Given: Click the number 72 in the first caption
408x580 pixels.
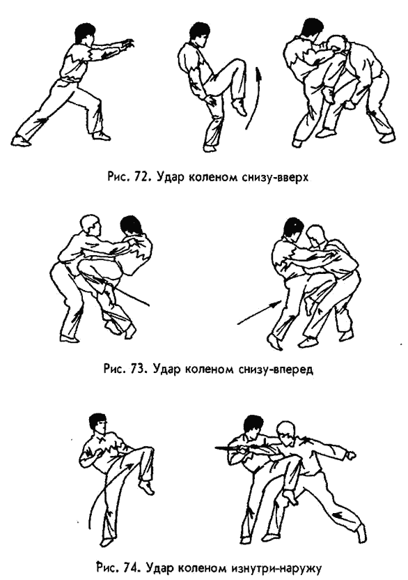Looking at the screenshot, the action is tap(141, 177).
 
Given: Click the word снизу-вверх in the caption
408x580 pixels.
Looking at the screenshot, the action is tap(274, 177).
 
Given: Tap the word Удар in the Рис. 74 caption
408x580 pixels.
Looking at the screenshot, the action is tap(161, 567).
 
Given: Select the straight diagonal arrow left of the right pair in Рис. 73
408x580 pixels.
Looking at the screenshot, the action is tap(260, 313).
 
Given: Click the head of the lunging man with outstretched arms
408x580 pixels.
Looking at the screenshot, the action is tap(86, 33).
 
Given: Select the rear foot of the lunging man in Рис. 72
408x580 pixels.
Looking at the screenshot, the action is tap(21, 141).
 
